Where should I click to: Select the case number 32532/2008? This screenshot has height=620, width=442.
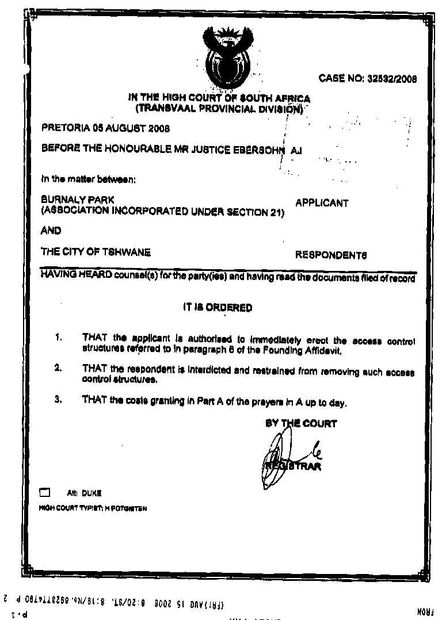(x=391, y=79)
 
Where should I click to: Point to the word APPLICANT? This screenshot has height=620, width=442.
(x=321, y=203)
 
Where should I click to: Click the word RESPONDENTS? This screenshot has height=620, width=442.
(x=331, y=255)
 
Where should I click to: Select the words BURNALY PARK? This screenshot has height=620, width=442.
(x=77, y=200)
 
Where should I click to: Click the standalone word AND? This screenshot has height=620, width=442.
(x=51, y=231)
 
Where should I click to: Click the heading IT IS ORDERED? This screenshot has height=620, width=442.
(x=217, y=308)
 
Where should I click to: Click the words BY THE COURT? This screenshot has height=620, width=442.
(x=301, y=424)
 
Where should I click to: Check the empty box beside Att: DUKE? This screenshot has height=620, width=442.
(x=45, y=493)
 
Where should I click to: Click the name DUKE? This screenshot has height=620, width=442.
(x=92, y=493)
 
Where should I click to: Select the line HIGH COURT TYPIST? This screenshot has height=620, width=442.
(x=92, y=508)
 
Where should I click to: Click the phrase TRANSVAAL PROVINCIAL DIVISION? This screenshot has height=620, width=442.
(x=219, y=109)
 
